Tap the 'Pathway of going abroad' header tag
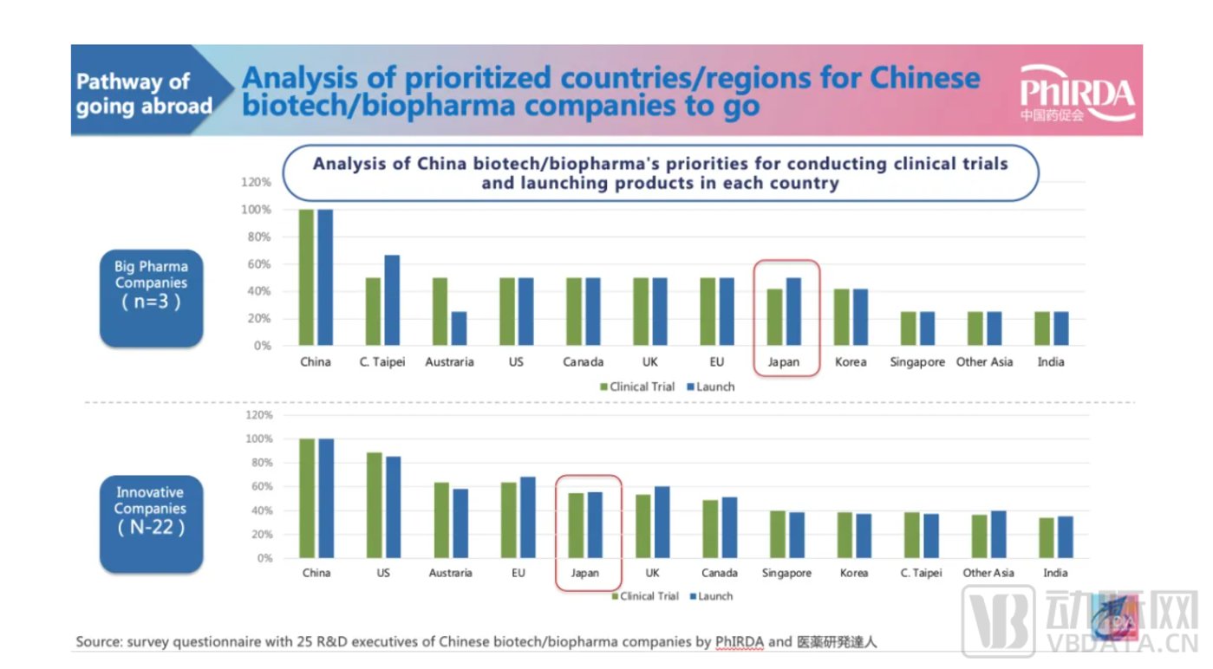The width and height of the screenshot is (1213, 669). (144, 94)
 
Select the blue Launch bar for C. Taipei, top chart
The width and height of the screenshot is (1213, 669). (392, 300)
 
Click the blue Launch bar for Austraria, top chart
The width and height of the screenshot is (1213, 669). (459, 328)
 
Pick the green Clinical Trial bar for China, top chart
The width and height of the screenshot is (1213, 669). (306, 277)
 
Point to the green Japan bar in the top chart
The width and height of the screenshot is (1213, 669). (774, 316)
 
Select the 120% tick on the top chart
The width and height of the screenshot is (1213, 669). (258, 183)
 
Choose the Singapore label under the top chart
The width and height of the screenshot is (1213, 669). (917, 362)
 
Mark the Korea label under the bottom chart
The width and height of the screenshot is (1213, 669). (854, 573)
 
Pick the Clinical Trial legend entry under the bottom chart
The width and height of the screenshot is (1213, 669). (644, 596)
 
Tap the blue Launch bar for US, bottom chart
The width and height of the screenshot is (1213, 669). (394, 507)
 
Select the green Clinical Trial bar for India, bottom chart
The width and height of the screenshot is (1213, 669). (1046, 537)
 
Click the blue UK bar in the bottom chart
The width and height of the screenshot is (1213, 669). (662, 522)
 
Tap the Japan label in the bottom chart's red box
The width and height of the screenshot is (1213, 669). (585, 573)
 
